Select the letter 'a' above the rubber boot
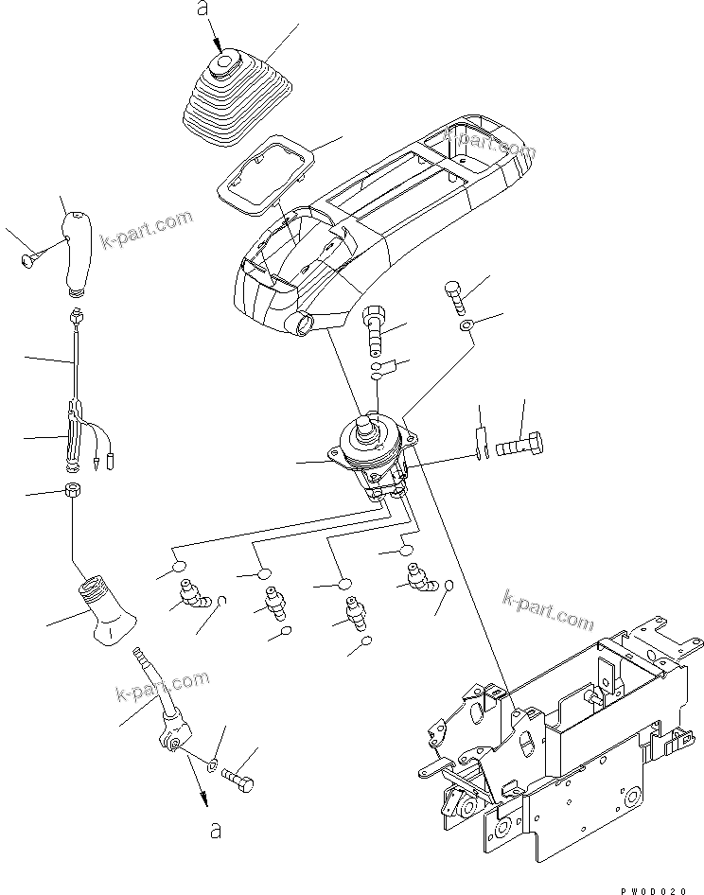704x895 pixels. click(x=200, y=10)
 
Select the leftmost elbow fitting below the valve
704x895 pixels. click(x=192, y=597)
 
